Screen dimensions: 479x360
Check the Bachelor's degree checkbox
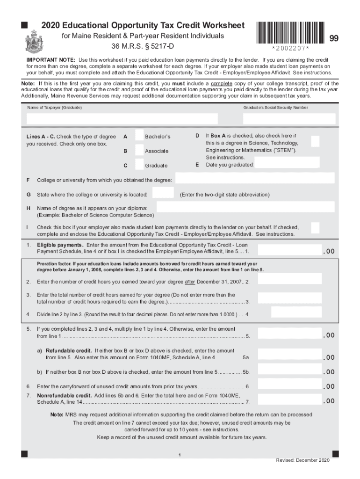point(139,136)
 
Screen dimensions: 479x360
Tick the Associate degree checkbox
point(139,150)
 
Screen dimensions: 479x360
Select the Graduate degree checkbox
point(139,165)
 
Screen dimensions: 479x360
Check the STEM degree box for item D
point(316,141)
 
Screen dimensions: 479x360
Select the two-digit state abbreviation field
point(163,193)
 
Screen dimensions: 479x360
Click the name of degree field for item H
point(245,207)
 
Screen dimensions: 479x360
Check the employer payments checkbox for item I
point(316,228)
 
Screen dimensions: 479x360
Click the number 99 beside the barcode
point(334,39)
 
